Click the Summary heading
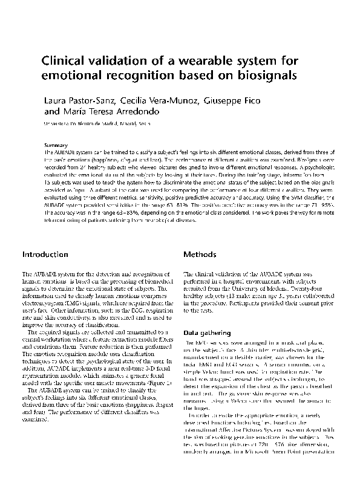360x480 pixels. [56, 146]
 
